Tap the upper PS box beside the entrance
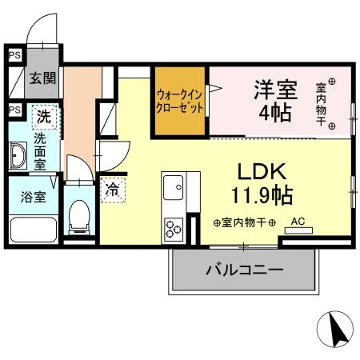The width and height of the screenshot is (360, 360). point(14,55)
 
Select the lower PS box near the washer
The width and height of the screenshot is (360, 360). point(14,110)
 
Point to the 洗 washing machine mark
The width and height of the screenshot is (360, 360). point(44,117)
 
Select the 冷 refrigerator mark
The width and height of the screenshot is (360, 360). point(113,190)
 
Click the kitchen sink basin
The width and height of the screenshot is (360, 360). point(174,189)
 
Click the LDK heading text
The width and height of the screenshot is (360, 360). point(260,171)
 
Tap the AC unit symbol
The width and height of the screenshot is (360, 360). point(298,229)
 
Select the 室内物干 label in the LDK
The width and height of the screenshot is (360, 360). point(245,223)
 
